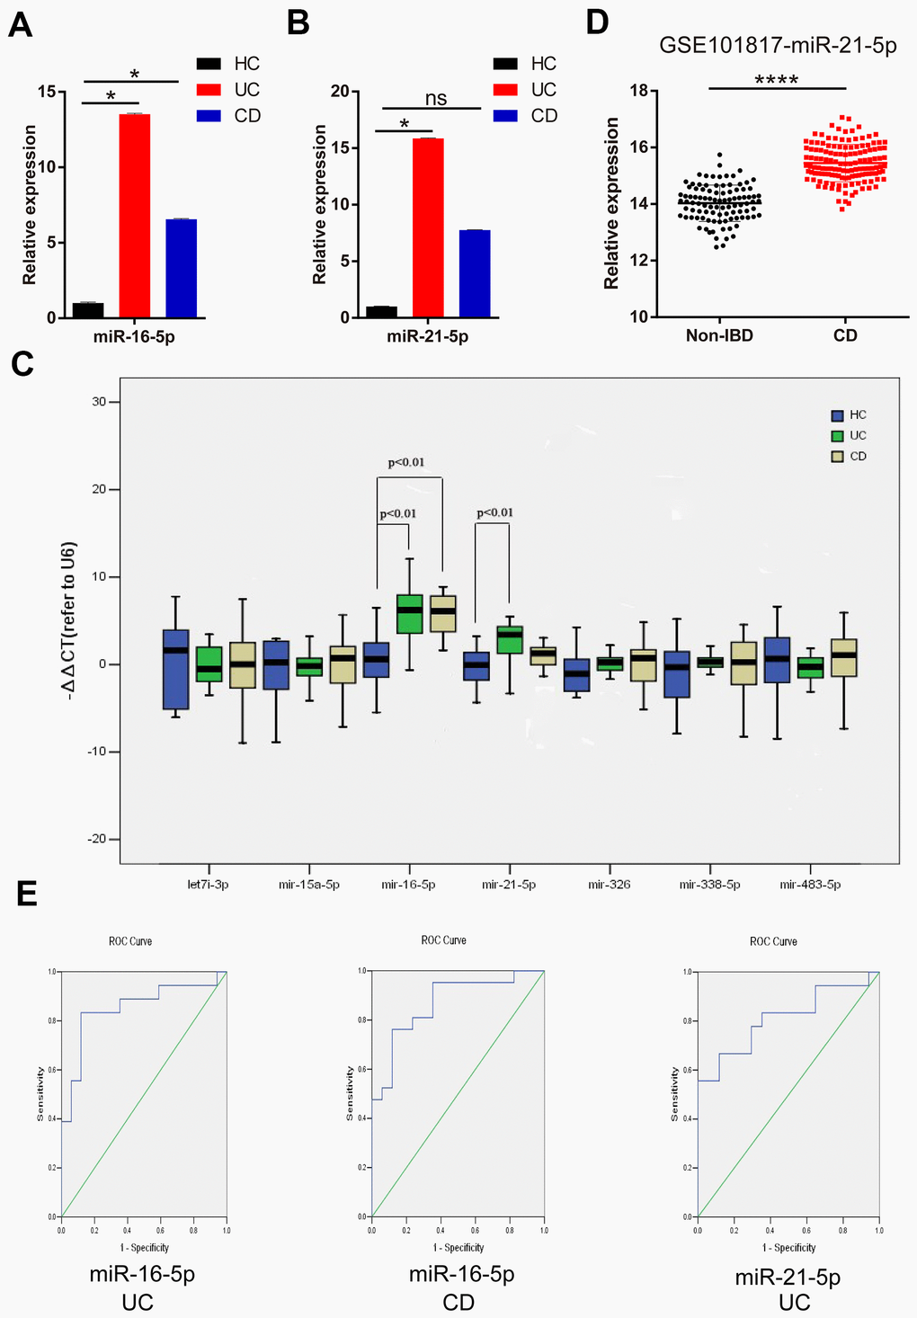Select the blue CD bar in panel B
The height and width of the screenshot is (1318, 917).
(475, 273)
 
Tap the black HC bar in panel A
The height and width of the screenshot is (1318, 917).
(88, 310)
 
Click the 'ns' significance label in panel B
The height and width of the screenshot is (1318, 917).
(436, 99)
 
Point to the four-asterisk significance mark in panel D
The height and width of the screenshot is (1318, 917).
(777, 80)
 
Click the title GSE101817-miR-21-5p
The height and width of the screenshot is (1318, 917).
(778, 46)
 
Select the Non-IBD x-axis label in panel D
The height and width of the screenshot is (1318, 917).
(718, 335)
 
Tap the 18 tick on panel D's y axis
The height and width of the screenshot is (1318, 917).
(638, 91)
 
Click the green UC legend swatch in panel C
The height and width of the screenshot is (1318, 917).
(838, 436)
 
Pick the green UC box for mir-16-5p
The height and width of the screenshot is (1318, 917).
(409, 614)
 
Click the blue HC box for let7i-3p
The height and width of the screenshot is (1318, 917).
(176, 669)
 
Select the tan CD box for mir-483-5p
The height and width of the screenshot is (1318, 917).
(844, 657)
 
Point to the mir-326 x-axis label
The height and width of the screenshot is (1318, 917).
(610, 885)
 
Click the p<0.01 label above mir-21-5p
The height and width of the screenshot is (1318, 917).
(494, 513)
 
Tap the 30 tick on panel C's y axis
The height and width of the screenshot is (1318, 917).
(101, 402)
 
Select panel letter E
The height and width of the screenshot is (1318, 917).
(27, 895)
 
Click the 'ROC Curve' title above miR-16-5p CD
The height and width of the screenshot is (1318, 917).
(443, 940)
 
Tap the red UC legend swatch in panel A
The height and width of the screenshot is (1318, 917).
(209, 90)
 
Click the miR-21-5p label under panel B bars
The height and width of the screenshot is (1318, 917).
(427, 337)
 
